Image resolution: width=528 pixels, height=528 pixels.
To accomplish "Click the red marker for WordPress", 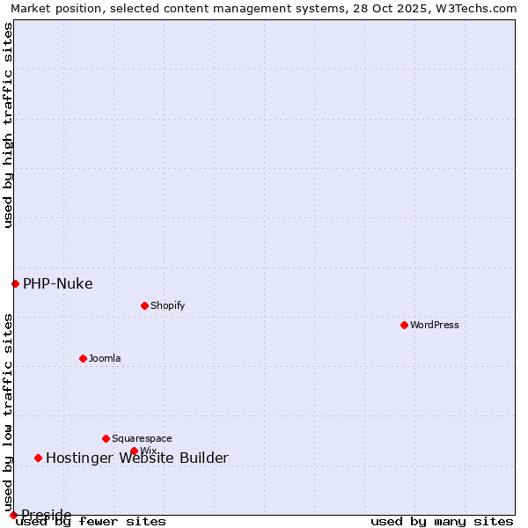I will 404,325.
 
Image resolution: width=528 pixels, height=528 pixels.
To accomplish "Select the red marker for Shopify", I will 144,305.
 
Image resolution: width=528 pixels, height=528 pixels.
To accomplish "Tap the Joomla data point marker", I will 83,358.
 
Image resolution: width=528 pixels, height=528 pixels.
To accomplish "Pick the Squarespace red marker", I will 106,438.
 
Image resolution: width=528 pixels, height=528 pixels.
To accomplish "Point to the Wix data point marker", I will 134,451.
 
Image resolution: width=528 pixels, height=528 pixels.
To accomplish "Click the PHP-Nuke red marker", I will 15,283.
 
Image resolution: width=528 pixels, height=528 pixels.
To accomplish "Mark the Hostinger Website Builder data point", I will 38,458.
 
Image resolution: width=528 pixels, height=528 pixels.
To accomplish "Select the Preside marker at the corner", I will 13,515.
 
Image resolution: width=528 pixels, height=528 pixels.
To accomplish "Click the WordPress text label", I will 435,325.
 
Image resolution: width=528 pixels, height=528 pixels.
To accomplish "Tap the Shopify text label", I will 168,305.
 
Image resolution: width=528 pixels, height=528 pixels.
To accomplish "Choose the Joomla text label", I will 105,358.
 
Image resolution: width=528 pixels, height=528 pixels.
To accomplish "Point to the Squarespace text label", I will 142,438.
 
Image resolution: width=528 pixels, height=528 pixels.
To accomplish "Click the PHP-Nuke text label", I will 57,283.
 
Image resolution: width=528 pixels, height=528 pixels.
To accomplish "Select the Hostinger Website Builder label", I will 136,458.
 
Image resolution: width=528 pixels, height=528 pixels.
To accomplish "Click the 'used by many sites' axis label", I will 442,522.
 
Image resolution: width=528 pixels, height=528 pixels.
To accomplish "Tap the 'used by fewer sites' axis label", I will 91,522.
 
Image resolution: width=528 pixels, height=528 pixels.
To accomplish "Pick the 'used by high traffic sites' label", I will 9,125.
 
